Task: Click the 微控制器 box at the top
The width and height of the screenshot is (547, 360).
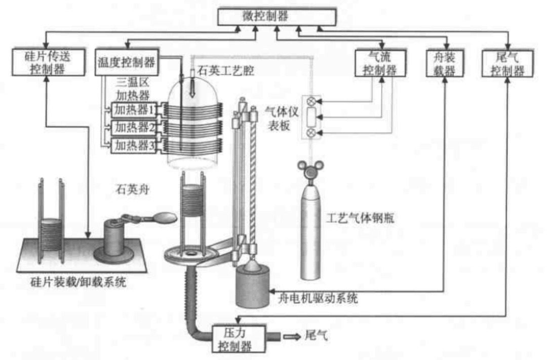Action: (277, 17)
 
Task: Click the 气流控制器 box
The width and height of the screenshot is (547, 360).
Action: (380, 63)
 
